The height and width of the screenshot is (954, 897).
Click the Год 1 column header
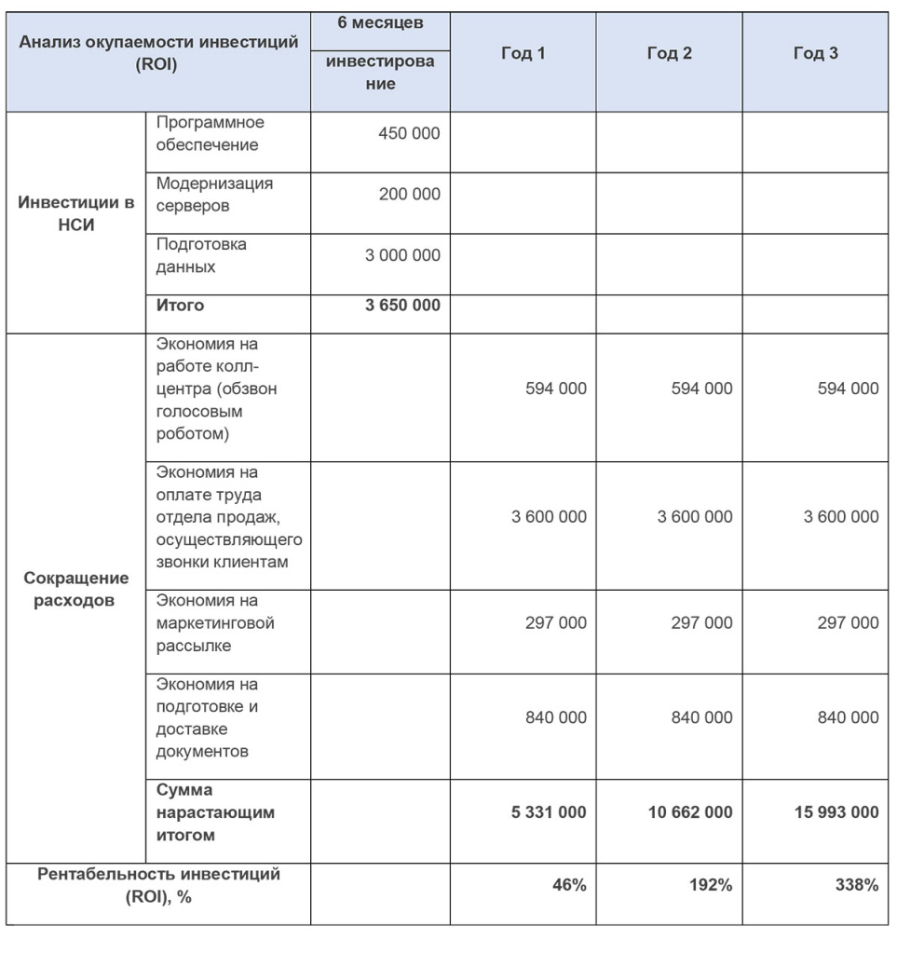pyautogui.click(x=523, y=54)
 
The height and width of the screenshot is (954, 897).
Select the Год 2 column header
pyautogui.click(x=669, y=54)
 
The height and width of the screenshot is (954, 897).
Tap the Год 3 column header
pyautogui.click(x=815, y=54)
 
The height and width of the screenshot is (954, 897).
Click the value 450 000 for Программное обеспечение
pyautogui.click(x=409, y=133)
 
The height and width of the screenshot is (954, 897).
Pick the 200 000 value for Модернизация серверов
pyautogui.click(x=409, y=195)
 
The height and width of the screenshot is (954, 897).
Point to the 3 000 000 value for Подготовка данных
pyautogui.click(x=402, y=255)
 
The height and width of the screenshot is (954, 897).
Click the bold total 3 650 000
pyautogui.click(x=402, y=305)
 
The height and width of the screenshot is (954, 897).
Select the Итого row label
pyautogui.click(x=180, y=305)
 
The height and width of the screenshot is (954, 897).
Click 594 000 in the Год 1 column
pyautogui.click(x=555, y=388)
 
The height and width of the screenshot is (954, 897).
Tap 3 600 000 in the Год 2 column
pyautogui.click(x=695, y=516)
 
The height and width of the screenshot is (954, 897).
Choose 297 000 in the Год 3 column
pyautogui.click(x=848, y=622)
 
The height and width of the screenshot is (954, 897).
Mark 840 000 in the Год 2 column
pyautogui.click(x=701, y=717)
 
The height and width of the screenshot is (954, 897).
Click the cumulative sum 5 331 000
pyautogui.click(x=549, y=812)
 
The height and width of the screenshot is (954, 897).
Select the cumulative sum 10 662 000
pyautogui.click(x=690, y=812)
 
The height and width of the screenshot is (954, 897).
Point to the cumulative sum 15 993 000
pyautogui.click(x=836, y=812)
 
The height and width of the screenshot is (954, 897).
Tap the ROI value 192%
pyautogui.click(x=711, y=885)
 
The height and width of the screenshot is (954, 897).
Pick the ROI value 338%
pyautogui.click(x=857, y=885)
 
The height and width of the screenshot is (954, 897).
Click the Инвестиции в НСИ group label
pyautogui.click(x=76, y=213)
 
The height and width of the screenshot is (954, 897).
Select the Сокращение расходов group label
pyautogui.click(x=76, y=589)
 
